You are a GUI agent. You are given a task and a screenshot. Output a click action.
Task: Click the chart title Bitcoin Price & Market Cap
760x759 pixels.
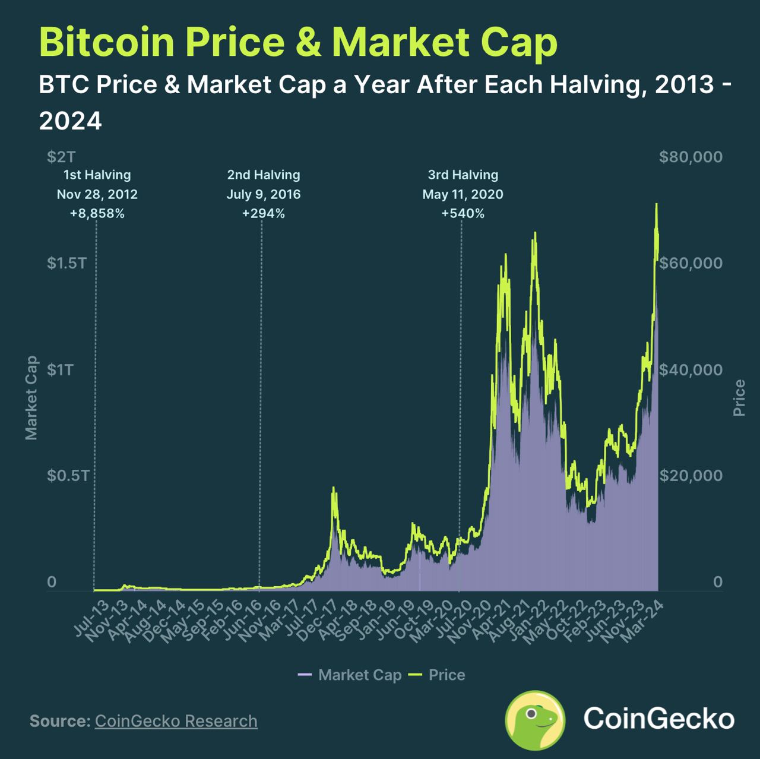298,42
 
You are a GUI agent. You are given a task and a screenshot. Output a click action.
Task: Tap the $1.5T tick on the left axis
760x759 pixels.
66,263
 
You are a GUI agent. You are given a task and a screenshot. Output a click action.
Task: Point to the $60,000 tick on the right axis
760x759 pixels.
691,263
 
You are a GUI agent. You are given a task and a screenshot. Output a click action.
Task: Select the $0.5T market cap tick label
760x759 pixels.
68,476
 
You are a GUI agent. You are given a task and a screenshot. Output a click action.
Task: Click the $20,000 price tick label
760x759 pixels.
691,476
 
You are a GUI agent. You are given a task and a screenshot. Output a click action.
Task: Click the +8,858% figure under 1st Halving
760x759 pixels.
97,214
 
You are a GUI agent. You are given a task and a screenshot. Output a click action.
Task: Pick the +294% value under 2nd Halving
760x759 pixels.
264,214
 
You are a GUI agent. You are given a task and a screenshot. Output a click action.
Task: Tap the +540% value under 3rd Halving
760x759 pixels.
463,214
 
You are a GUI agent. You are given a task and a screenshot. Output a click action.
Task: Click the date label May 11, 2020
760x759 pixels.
463,194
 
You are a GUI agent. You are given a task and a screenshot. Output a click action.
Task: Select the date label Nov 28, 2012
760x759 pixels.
97,194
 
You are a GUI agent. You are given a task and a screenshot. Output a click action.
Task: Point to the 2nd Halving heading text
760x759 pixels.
264,175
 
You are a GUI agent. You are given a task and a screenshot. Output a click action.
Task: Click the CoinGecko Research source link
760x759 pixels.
176,721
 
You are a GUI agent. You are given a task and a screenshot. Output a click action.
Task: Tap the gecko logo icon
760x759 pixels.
535,720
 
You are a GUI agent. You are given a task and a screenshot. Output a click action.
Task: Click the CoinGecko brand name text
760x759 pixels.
658,719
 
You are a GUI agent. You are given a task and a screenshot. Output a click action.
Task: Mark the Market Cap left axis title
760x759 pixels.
31,398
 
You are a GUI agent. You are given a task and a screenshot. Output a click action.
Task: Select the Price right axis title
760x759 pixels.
739,398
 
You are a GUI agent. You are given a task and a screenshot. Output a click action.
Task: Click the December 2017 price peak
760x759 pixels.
333,488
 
